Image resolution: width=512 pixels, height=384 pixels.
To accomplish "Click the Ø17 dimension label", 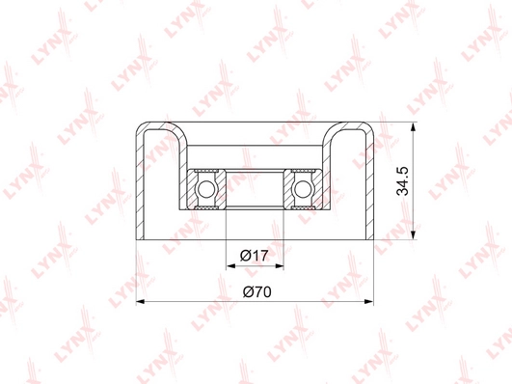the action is pyautogui.click(x=254, y=256).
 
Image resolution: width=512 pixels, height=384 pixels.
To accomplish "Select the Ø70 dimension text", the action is pyautogui.click(x=257, y=291).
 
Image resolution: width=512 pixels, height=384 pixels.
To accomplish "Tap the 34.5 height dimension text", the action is pyautogui.click(x=402, y=180).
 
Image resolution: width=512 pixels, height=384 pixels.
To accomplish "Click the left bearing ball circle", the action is pyautogui.click(x=205, y=189).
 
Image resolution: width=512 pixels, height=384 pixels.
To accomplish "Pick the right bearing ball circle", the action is pyautogui.click(x=304, y=189).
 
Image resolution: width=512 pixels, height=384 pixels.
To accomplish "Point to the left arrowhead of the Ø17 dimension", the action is pyautogui.click(x=230, y=266).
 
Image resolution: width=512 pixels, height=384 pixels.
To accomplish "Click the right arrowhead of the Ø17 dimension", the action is pyautogui.click(x=280, y=266).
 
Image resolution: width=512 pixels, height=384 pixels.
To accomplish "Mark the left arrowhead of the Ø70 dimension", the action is pyautogui.click(x=141, y=302).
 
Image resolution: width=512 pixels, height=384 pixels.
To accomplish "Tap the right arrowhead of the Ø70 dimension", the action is pyautogui.click(x=368, y=302).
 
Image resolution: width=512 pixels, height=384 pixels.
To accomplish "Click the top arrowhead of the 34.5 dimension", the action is pyautogui.click(x=414, y=127).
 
